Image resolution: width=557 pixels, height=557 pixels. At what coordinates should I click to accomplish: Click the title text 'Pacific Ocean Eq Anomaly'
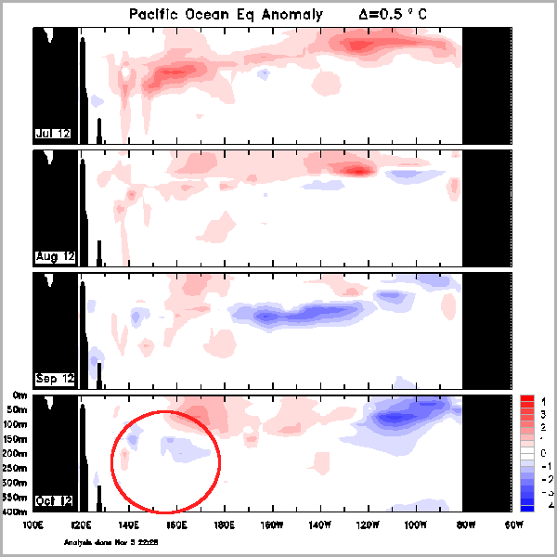pyautogui.click(x=225, y=15)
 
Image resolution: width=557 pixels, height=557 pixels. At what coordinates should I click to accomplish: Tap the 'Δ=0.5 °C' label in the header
pyautogui.click(x=396, y=15)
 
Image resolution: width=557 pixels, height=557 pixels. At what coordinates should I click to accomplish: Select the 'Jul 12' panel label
pyautogui.click(x=54, y=133)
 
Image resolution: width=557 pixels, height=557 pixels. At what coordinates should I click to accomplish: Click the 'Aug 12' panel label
pyautogui.click(x=55, y=255)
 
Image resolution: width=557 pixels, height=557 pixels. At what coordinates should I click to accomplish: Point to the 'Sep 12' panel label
pyautogui.click(x=55, y=378)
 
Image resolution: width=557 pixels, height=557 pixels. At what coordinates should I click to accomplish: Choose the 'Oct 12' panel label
pyautogui.click(x=54, y=500)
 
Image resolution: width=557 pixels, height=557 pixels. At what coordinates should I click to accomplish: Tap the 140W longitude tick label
pyautogui.click(x=320, y=525)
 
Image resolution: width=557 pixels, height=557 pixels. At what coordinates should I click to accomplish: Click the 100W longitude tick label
pyautogui.click(x=416, y=525)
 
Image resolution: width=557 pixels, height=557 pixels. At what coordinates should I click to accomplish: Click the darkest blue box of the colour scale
pyautogui.click(x=526, y=506)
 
